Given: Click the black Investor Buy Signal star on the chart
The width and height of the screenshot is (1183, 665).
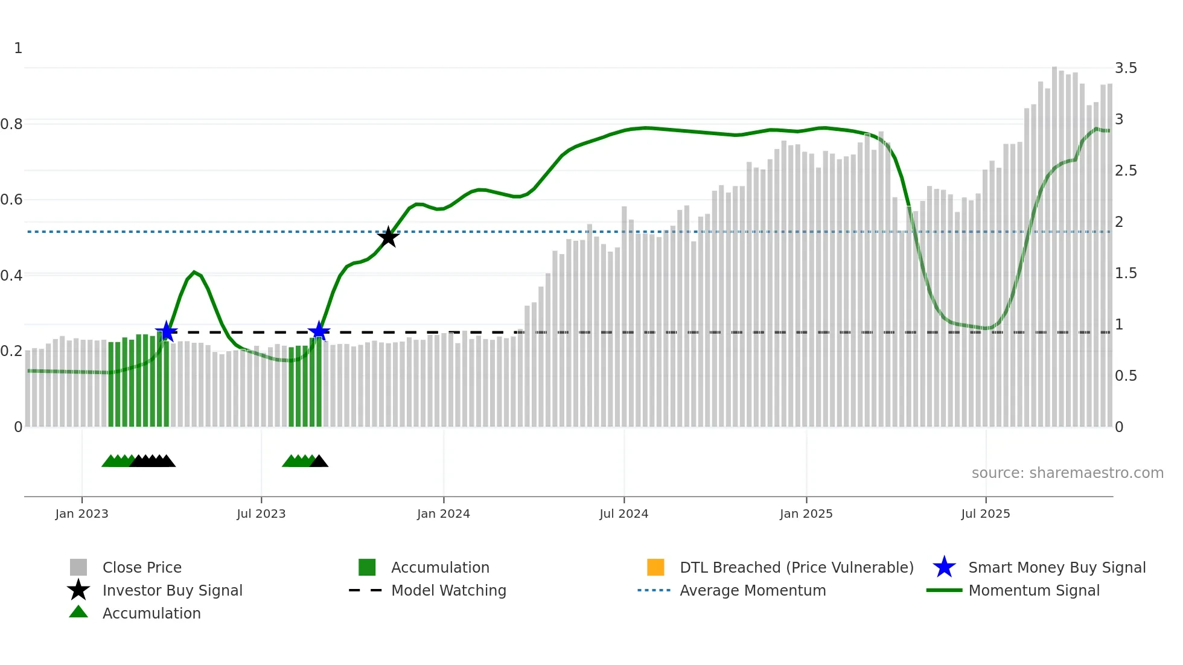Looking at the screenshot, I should (388, 237).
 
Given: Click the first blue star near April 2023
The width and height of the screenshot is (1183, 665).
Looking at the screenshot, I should (166, 331).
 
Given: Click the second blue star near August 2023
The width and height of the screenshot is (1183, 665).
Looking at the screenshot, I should (319, 331).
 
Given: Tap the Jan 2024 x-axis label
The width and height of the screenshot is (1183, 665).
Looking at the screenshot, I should (443, 514).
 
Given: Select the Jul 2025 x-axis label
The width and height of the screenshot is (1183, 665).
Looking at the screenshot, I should (985, 514).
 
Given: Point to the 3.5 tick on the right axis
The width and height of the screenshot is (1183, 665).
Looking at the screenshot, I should (1126, 68).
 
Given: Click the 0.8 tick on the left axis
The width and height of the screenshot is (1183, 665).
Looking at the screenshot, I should (11, 124).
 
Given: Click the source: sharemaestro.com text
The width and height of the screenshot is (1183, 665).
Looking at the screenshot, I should (1067, 473).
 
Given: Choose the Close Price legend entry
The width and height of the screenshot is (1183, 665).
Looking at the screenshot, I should (142, 568).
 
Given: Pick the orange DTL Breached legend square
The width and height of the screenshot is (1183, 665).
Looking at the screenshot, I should (655, 567).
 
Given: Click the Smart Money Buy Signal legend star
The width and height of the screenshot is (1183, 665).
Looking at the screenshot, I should (944, 568).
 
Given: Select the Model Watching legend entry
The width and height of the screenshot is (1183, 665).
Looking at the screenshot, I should (448, 591).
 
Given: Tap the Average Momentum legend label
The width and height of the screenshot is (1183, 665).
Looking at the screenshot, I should (753, 591).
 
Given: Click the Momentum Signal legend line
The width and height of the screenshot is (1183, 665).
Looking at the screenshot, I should (944, 590).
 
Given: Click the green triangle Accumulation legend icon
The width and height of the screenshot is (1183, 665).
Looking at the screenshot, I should (78, 612).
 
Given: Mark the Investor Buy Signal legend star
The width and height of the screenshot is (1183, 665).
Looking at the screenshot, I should (78, 590).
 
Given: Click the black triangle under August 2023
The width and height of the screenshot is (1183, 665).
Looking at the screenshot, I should (319, 462).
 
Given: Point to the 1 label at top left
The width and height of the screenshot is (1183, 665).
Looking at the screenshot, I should (18, 48).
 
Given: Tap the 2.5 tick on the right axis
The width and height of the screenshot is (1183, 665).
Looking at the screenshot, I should (1126, 171).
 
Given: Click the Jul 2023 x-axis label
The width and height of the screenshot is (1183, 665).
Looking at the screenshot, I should (261, 514).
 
